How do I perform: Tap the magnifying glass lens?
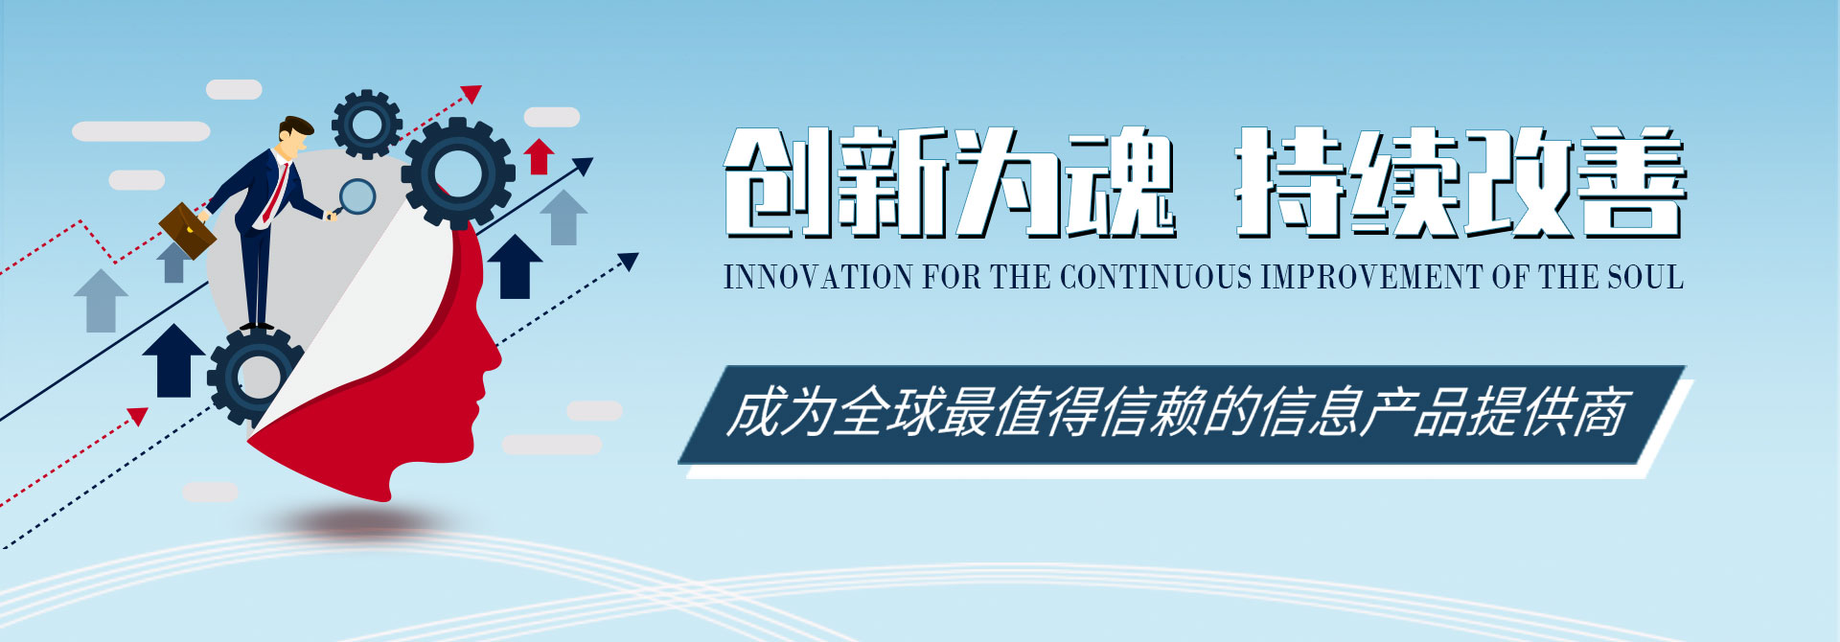coord(357,196)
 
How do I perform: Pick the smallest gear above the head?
coord(366,124)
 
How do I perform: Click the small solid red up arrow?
coord(540,156)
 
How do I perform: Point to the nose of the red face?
coord(494,356)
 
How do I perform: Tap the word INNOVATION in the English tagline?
coord(818,277)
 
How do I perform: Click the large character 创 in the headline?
coord(778,181)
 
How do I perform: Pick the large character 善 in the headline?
coord(1631,181)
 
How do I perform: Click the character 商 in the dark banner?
coord(1598,413)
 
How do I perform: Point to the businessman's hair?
coord(296,127)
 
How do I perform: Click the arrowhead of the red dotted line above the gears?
coord(471,94)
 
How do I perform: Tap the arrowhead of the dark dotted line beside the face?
coord(629,261)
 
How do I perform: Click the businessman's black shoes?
coord(256,327)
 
